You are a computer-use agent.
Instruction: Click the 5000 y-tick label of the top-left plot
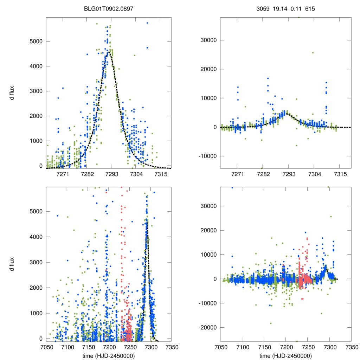35,41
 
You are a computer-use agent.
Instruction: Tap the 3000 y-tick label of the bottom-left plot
35,262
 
